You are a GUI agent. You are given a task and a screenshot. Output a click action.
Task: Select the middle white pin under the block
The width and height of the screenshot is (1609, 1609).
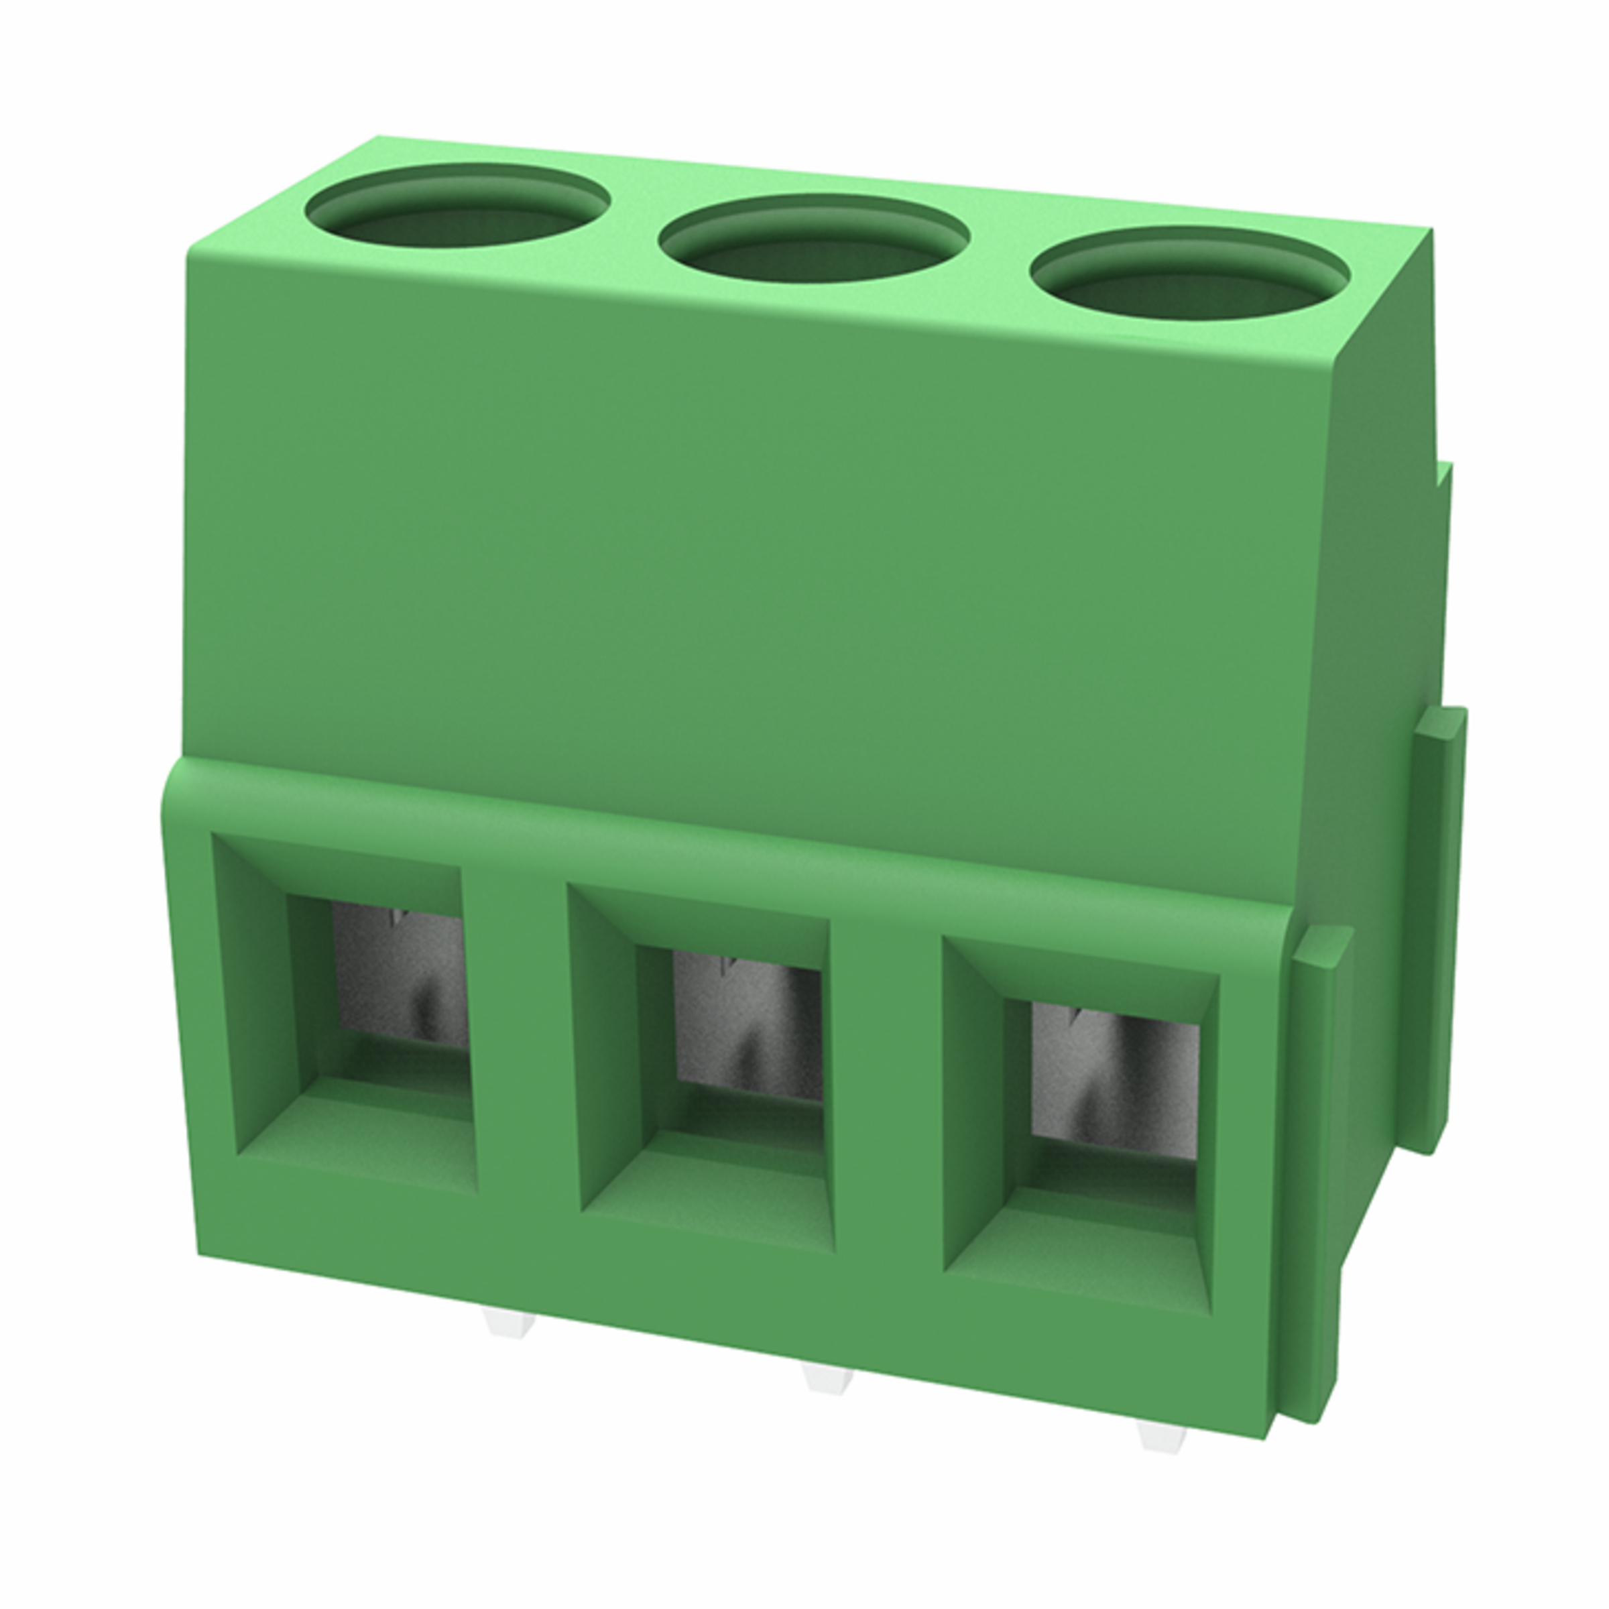pos(829,1379)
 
